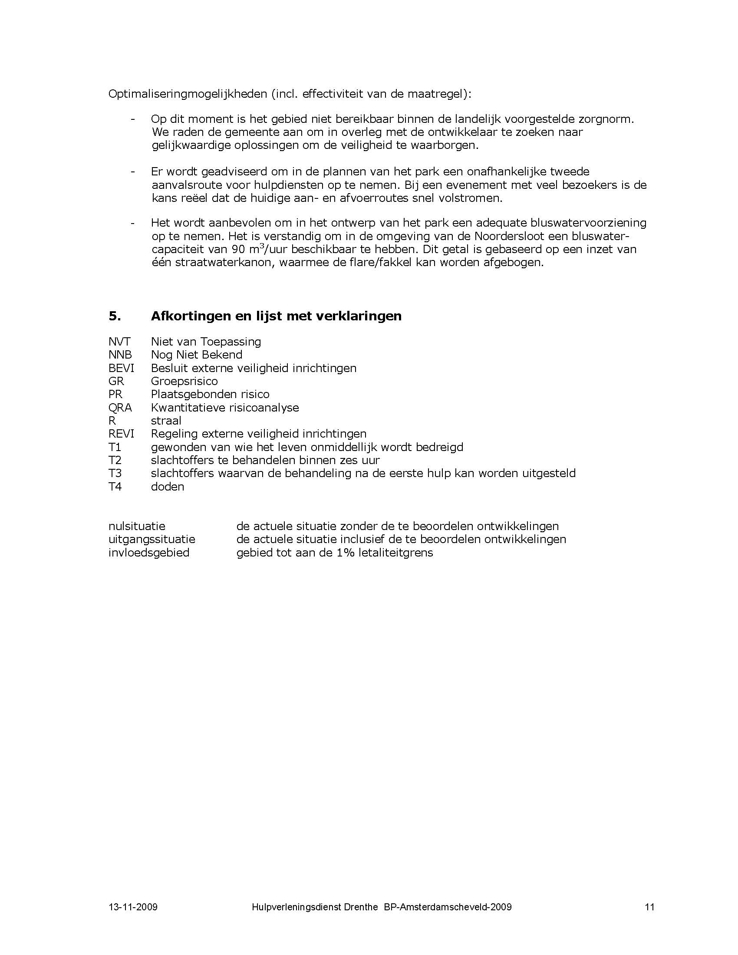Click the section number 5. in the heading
pos(115,316)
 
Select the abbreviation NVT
pos(119,342)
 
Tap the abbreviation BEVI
pos(121,368)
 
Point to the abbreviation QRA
pos(120,408)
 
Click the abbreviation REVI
pos(121,434)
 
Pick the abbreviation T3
pos(115,473)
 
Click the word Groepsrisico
pos(184,381)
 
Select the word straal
pos(166,421)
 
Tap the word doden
pos(168,487)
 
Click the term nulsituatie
pos(137,526)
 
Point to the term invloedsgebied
pos(148,553)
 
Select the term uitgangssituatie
pos(152,539)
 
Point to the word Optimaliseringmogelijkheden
pos(188,95)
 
